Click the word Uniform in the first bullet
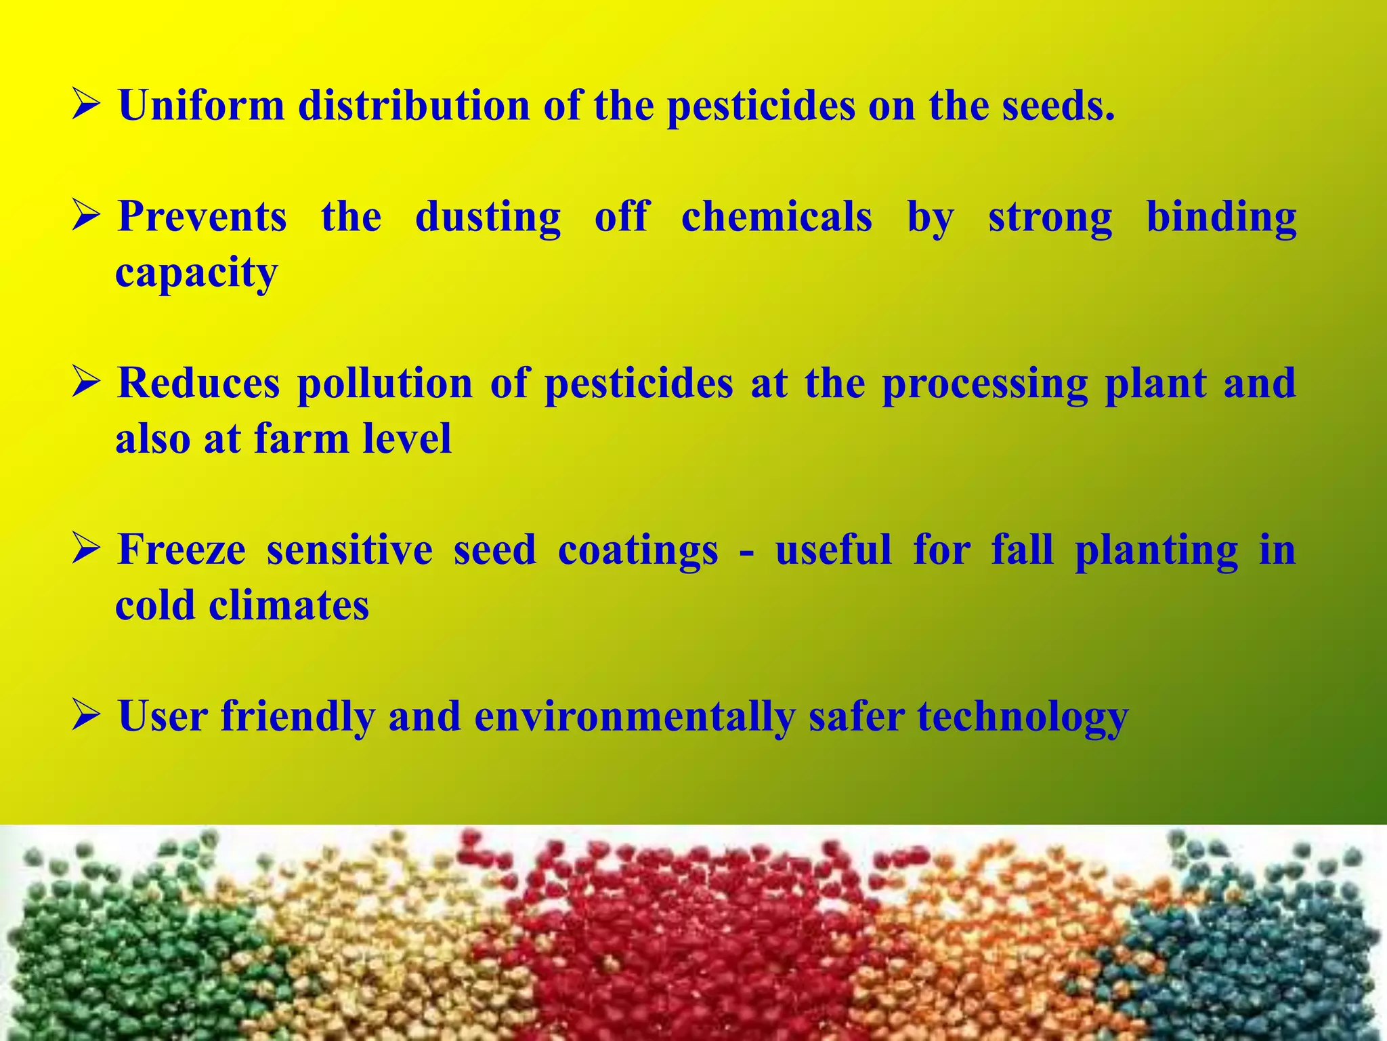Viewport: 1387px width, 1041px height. [x=201, y=106]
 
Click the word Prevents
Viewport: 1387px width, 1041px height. [x=202, y=217]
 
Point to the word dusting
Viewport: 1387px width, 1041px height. [x=488, y=218]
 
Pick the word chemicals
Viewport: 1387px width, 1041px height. [x=776, y=217]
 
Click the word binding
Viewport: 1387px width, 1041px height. [x=1221, y=218]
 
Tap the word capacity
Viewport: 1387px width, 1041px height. [x=196, y=274]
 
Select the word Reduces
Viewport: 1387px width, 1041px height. [x=198, y=383]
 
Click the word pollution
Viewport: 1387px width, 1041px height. [x=385, y=384]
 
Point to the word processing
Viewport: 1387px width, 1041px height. [x=985, y=384]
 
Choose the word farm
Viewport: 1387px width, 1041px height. [x=301, y=438]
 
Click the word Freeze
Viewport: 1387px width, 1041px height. [x=182, y=549]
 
